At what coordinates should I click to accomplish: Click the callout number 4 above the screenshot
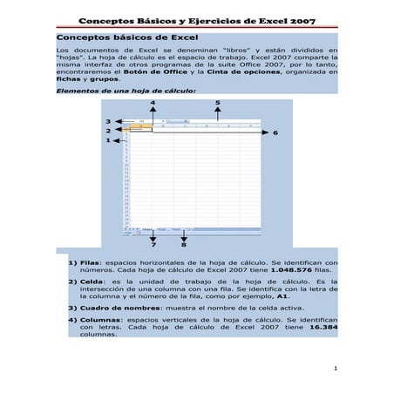click(x=153, y=103)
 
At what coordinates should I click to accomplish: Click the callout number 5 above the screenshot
click(x=217, y=103)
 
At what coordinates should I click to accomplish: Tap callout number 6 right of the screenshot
click(x=275, y=132)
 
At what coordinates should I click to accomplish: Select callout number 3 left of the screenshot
click(x=108, y=121)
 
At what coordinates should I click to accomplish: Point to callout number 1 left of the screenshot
click(x=108, y=139)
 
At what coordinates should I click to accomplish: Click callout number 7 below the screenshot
click(x=153, y=245)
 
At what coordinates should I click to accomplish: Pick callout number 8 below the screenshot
click(x=183, y=245)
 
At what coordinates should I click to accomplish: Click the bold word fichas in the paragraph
click(x=69, y=89)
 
